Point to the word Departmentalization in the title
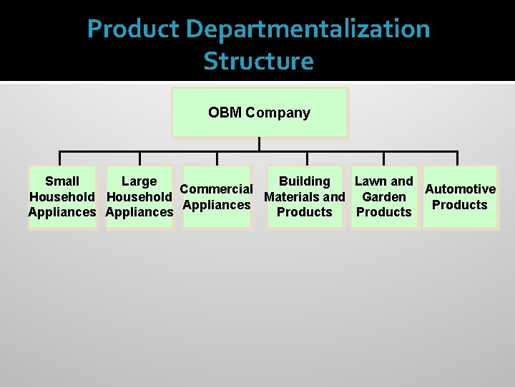[x=308, y=29]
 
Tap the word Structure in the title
[x=258, y=61]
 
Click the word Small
[x=62, y=181]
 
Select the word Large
[x=139, y=181]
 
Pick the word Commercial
[x=216, y=189]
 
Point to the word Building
[x=305, y=181]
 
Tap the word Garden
[x=384, y=196]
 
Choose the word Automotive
[x=460, y=189]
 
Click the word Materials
[x=291, y=196]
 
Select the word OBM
[x=225, y=113]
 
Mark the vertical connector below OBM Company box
[x=259, y=144]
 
